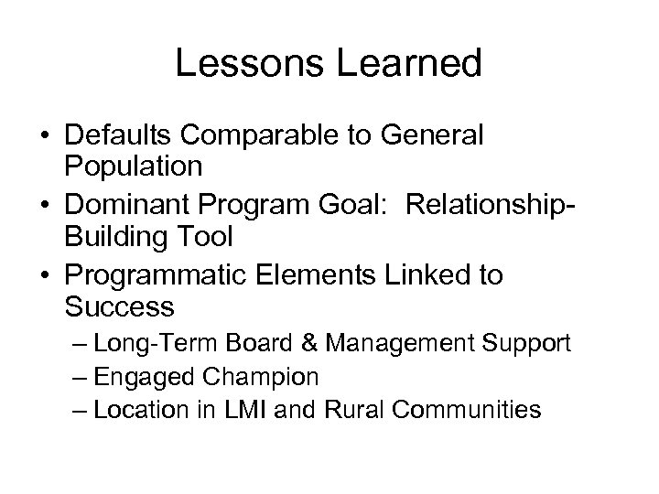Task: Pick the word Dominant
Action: [130, 204]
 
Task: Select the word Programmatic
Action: [158, 275]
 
